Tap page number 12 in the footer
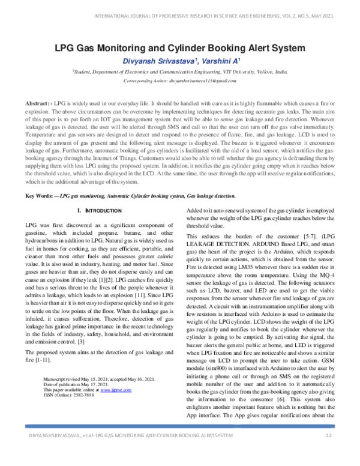[329, 451]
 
